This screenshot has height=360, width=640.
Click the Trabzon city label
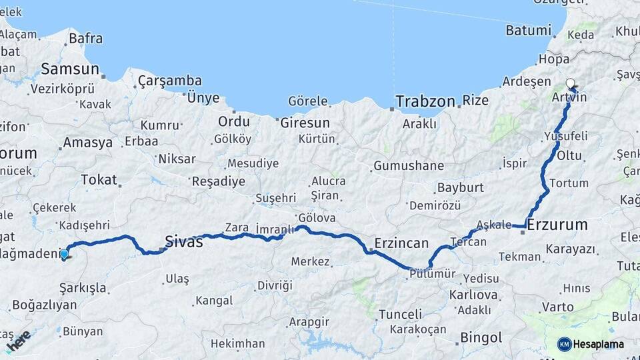(x=425, y=101)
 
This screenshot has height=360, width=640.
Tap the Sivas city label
(x=183, y=241)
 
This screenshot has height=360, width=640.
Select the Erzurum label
(x=557, y=225)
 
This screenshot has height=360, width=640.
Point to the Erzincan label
(x=401, y=243)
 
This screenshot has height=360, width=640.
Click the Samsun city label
(x=69, y=69)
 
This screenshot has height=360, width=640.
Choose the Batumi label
(x=529, y=30)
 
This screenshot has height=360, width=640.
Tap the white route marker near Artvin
(x=570, y=84)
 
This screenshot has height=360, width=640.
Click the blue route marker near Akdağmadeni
(x=64, y=254)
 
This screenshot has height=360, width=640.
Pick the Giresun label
(x=305, y=123)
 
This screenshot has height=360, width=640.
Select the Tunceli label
(x=400, y=314)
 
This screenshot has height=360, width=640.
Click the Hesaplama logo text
(x=599, y=344)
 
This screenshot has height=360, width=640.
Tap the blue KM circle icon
(x=564, y=344)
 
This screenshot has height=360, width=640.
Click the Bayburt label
(x=460, y=187)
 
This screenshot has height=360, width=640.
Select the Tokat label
(x=99, y=179)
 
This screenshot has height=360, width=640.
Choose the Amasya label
(x=87, y=143)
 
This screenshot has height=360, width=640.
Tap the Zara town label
(x=237, y=227)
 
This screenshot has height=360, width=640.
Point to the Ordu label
(x=234, y=121)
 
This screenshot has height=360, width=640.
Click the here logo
(x=18, y=340)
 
